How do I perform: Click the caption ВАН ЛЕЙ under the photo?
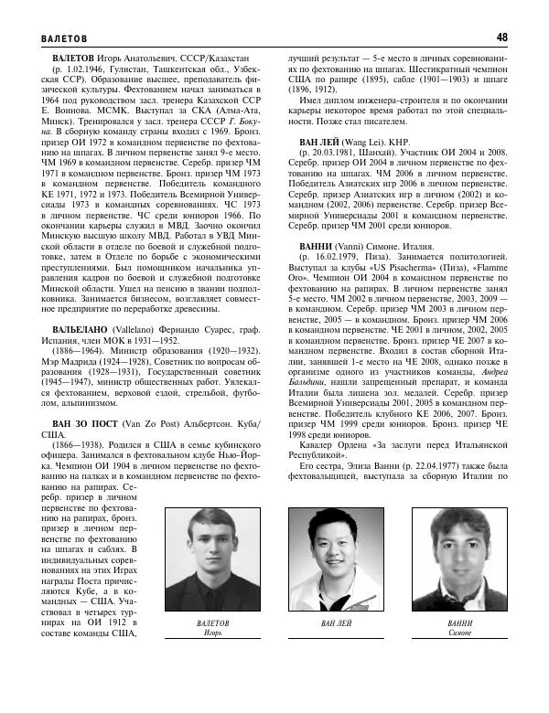[336, 623]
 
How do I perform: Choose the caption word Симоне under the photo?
[460, 633]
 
